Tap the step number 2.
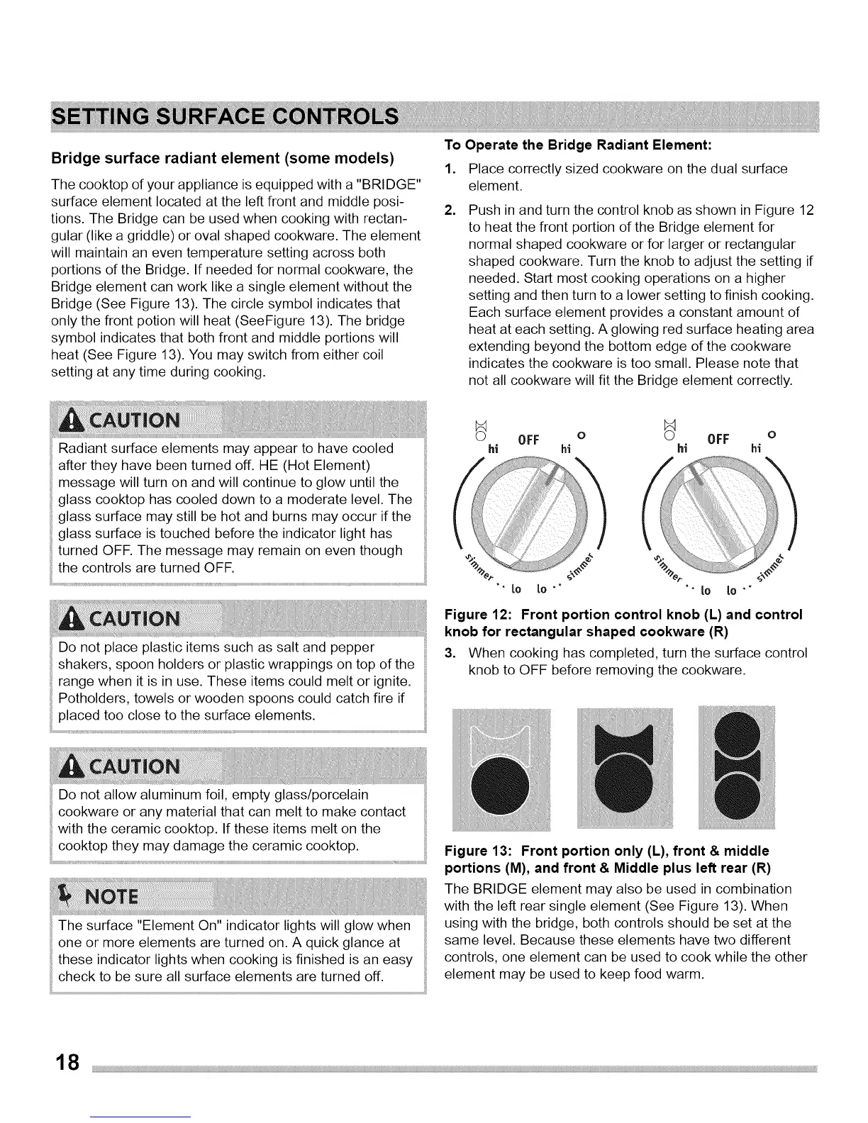(448, 211)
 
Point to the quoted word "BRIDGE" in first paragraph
(387, 185)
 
